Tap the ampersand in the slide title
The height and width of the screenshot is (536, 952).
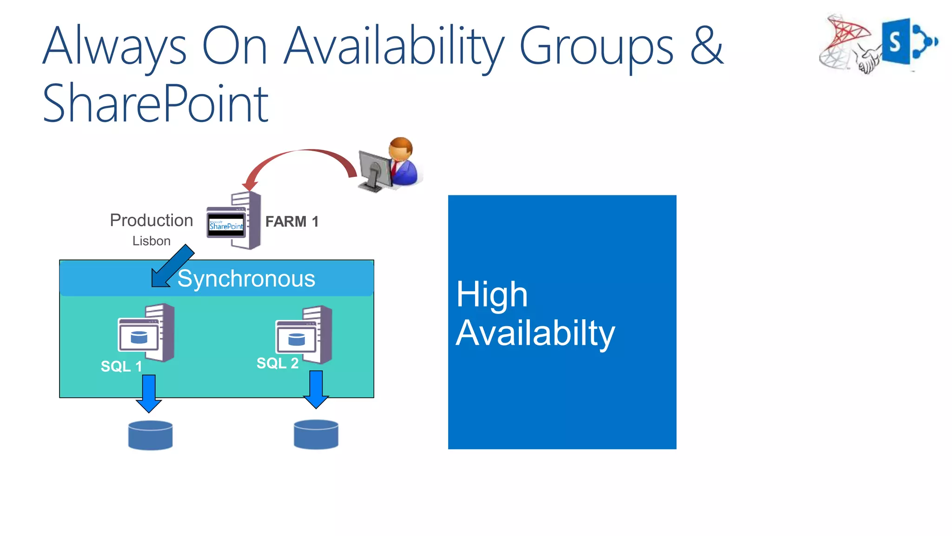pyautogui.click(x=707, y=46)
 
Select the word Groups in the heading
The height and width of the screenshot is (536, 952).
pyautogui.click(x=596, y=47)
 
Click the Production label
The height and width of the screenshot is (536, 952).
pyautogui.click(x=151, y=220)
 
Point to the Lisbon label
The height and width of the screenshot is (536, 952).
pyautogui.click(x=151, y=241)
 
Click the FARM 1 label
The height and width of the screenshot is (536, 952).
pyautogui.click(x=292, y=221)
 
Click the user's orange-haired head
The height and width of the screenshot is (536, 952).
pyautogui.click(x=401, y=148)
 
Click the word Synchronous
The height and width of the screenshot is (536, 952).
pyautogui.click(x=246, y=279)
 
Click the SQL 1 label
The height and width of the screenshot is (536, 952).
pyautogui.click(x=121, y=367)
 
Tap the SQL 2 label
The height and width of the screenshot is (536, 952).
pyautogui.click(x=278, y=363)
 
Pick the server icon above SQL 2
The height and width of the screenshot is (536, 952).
pyautogui.click(x=304, y=335)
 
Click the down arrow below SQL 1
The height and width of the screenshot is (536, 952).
pyautogui.click(x=149, y=393)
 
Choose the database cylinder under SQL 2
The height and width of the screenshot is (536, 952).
pyautogui.click(x=316, y=435)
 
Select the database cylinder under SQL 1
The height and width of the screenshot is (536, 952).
pyautogui.click(x=150, y=435)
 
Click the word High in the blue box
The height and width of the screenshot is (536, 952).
pyautogui.click(x=492, y=295)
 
